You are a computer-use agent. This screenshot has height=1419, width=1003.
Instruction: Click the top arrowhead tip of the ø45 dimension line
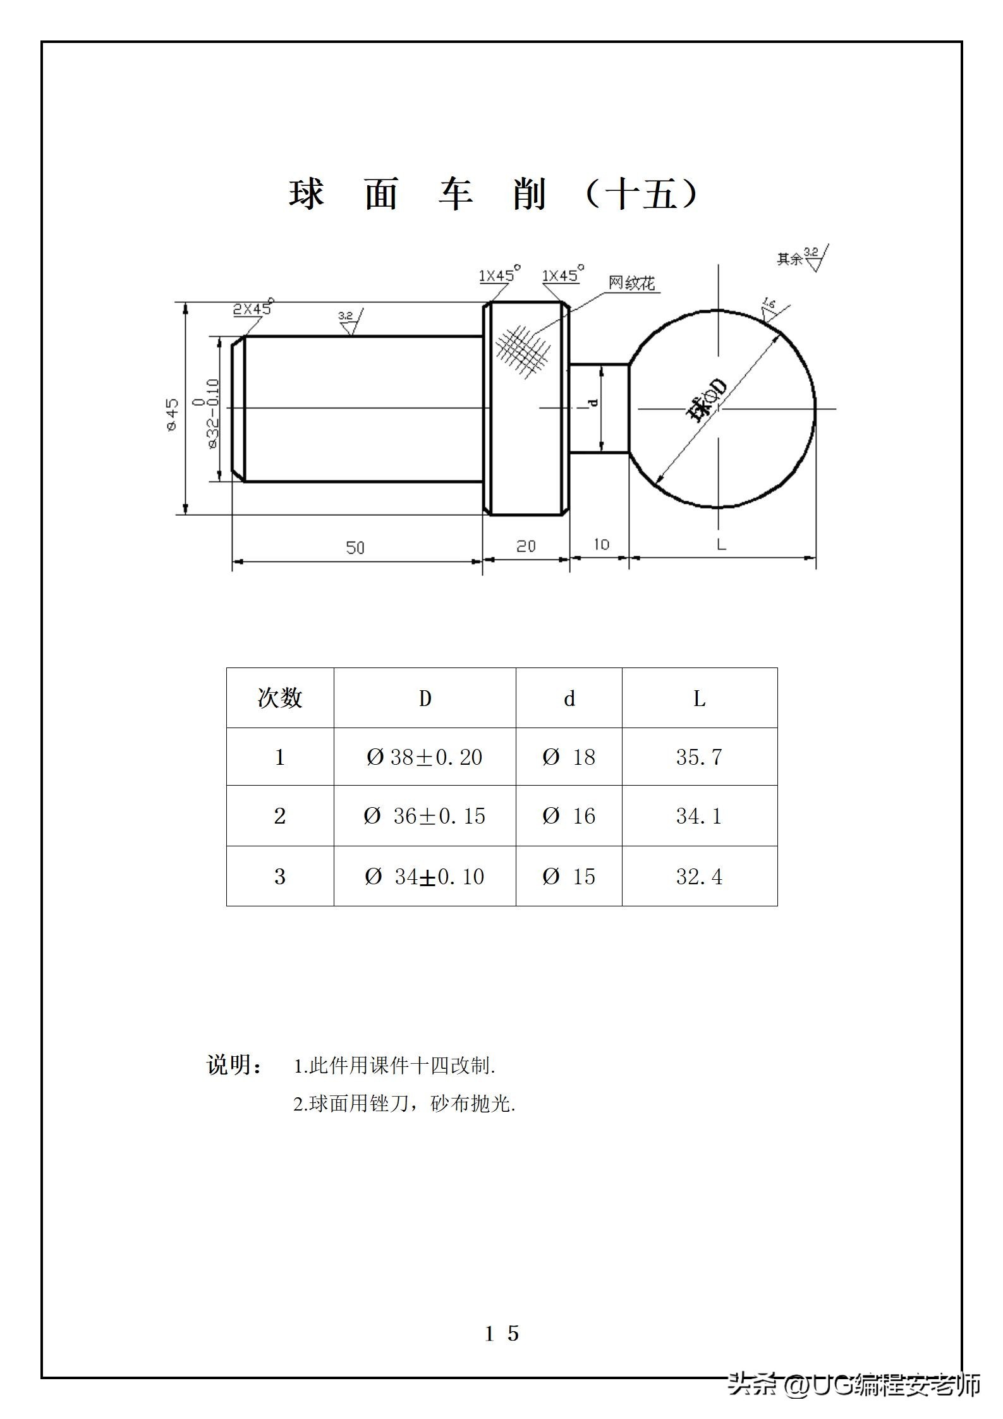185,302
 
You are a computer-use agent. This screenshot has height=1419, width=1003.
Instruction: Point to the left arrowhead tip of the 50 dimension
233,560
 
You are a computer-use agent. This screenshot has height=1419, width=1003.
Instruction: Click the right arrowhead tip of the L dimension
816,557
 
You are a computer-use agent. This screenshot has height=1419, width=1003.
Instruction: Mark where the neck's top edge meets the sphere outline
629,364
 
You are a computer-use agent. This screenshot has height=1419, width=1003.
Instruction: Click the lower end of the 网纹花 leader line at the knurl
531,335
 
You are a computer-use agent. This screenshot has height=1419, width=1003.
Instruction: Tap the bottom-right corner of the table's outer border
777,906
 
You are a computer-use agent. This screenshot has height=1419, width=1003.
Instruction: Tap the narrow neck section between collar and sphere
599,408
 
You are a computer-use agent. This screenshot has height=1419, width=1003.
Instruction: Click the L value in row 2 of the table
699,816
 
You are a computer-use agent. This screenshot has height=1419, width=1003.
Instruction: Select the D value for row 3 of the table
424,876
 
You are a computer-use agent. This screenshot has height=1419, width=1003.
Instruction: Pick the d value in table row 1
569,757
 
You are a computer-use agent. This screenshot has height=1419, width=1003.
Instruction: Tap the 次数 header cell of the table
280,698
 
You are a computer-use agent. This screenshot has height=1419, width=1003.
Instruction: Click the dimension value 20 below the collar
526,546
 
